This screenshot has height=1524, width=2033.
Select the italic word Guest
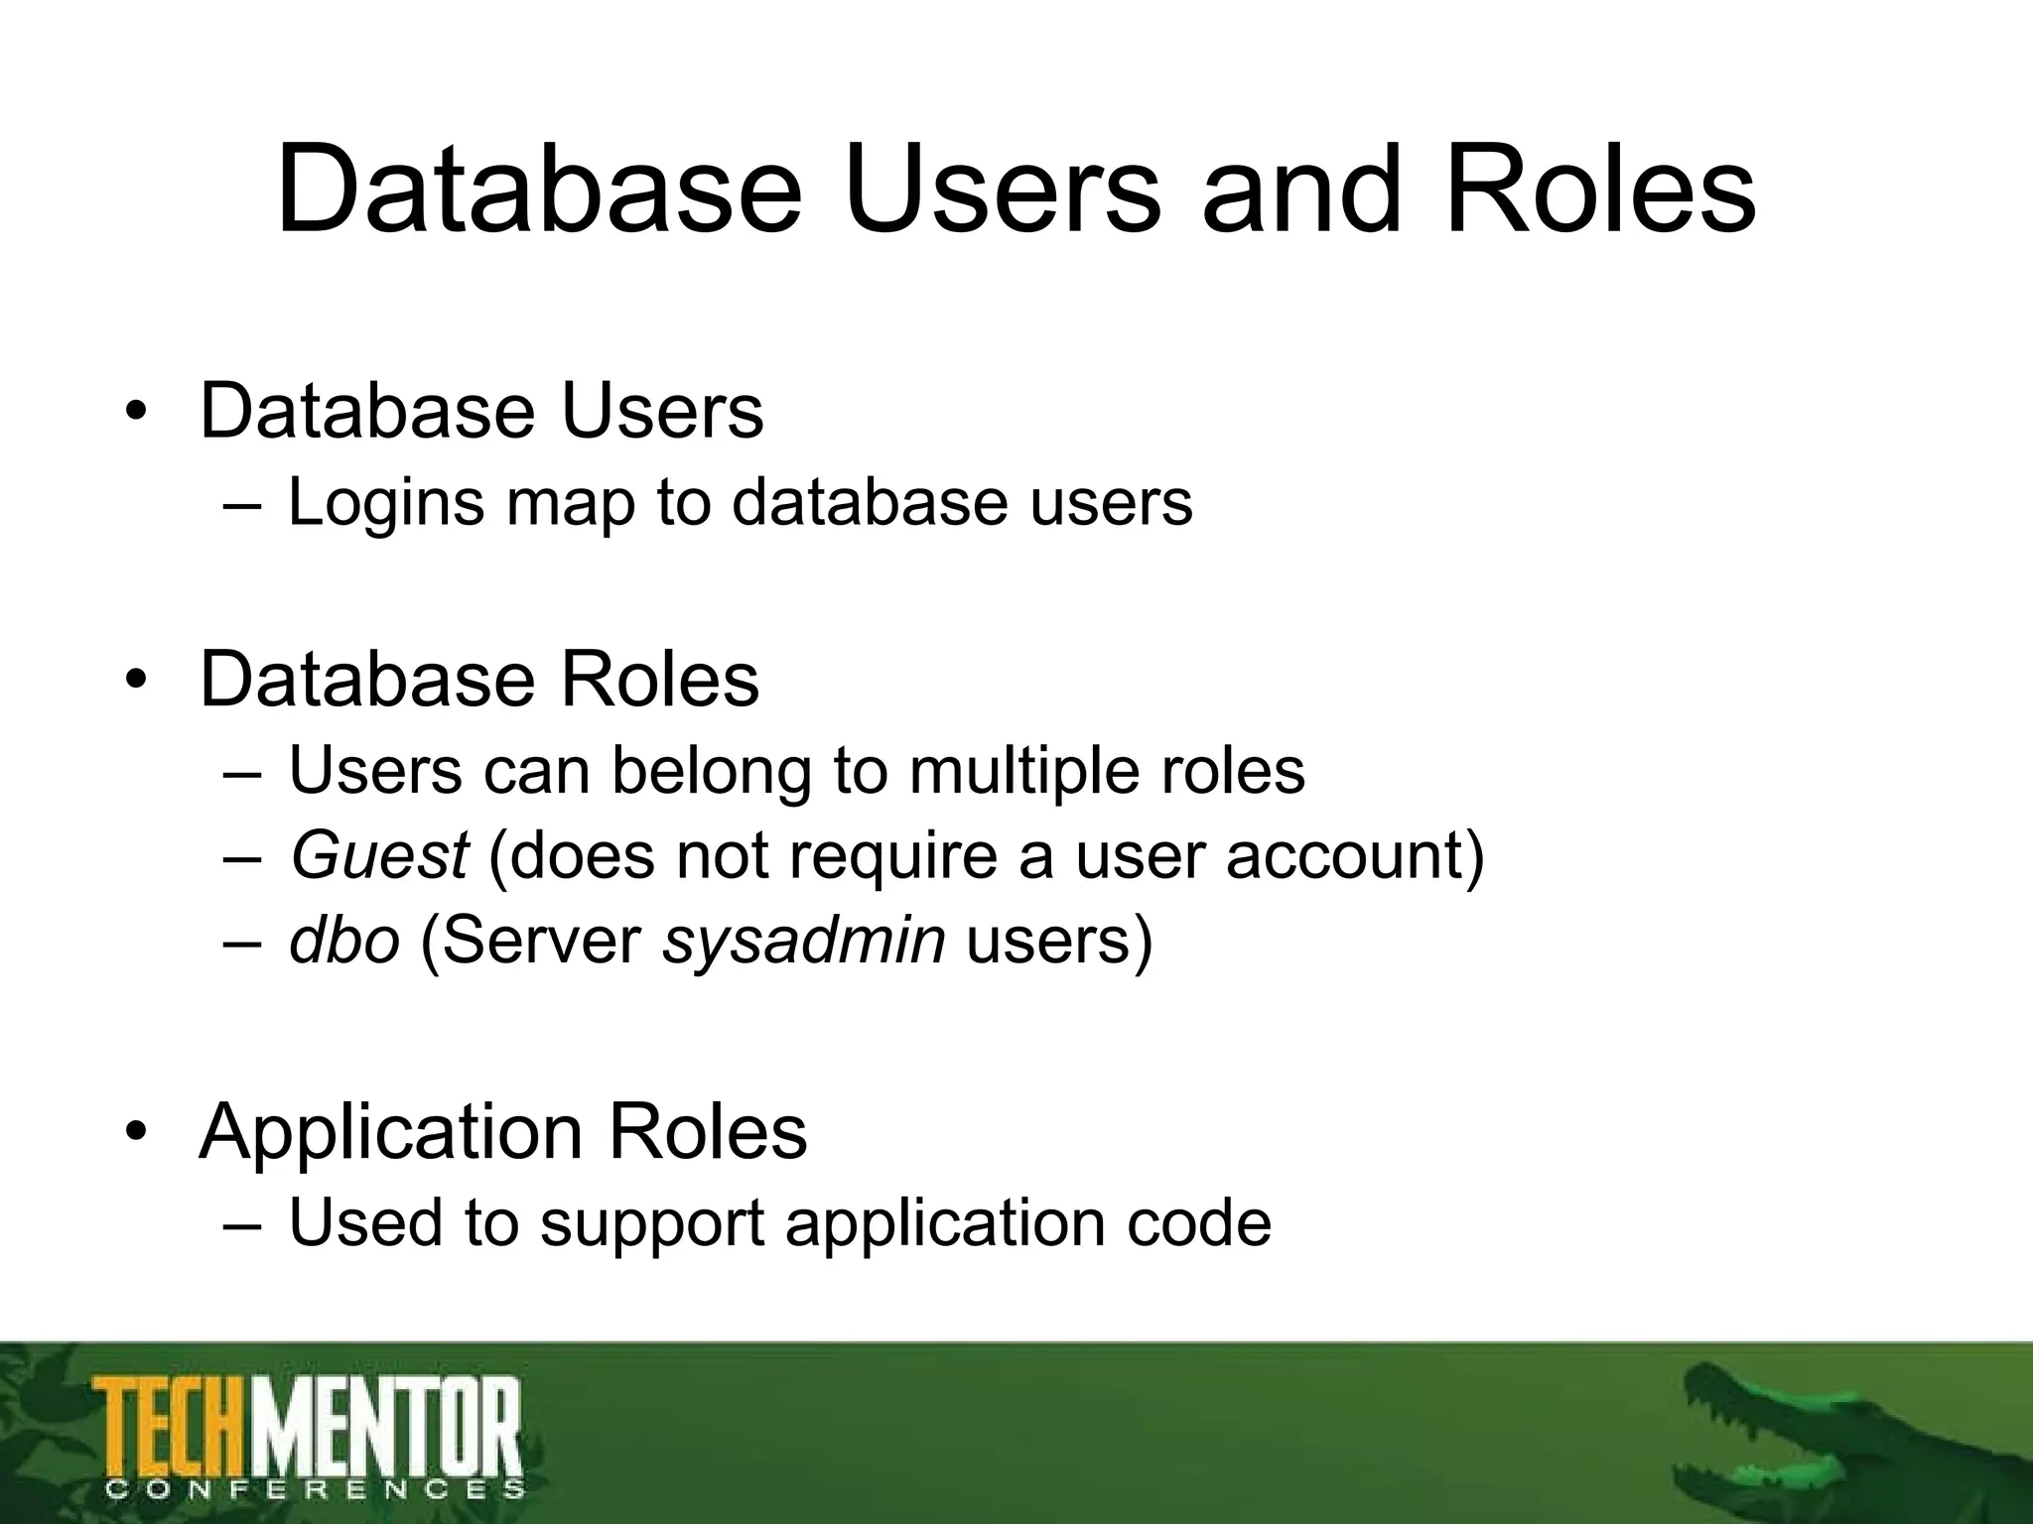pos(378,855)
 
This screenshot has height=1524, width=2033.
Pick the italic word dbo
pos(343,941)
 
